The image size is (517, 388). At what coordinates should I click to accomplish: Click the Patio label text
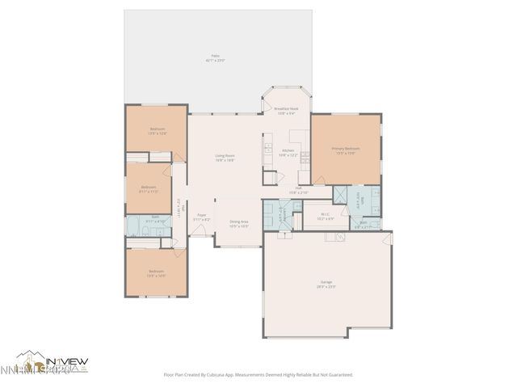pos(214,58)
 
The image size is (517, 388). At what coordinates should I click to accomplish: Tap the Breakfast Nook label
pos(285,111)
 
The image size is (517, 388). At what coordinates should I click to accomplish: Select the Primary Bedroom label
pos(346,150)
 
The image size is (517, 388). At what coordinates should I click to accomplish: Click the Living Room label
pos(225,158)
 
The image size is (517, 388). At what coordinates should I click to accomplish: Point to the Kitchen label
pos(289,152)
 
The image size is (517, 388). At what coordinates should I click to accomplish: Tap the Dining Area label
pos(238,224)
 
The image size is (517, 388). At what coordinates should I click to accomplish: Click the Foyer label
pos(202,217)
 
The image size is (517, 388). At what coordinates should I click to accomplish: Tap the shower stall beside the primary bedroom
pos(344,195)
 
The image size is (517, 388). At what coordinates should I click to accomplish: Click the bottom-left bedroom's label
pos(156,273)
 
